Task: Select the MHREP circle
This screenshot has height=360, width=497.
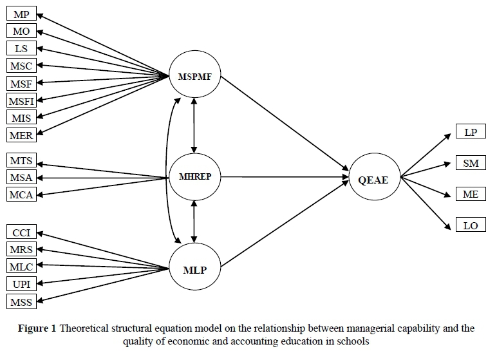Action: pyautogui.click(x=194, y=176)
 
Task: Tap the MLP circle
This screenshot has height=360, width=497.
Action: pyautogui.click(x=194, y=270)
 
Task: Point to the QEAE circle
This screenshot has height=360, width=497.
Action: pyautogui.click(x=374, y=178)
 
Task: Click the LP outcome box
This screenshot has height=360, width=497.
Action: pyautogui.click(x=470, y=132)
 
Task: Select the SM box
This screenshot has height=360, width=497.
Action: pyautogui.click(x=470, y=163)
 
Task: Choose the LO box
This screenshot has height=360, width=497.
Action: pyautogui.click(x=470, y=225)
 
